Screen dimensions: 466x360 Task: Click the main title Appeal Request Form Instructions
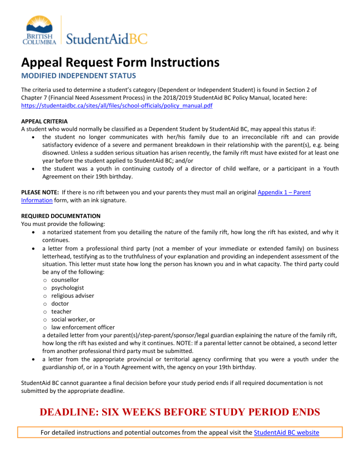coord(120,61)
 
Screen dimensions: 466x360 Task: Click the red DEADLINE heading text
coord(180,413)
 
